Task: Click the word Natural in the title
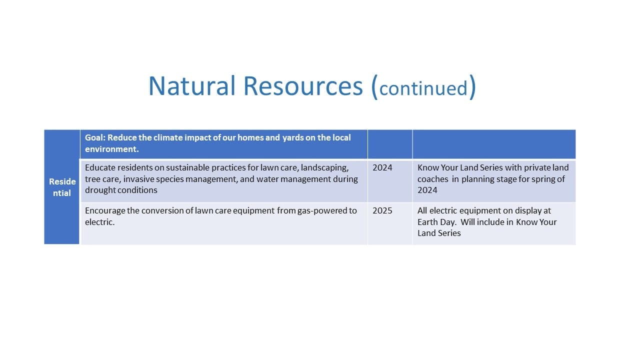[x=191, y=85]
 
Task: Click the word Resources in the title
[x=303, y=85]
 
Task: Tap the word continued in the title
[x=423, y=88]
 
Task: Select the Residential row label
[x=62, y=187]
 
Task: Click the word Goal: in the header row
[x=95, y=137]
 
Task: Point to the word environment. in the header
[x=111, y=149]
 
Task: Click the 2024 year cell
[x=382, y=167]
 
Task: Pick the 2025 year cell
[x=382, y=211]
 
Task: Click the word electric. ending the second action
[x=99, y=222]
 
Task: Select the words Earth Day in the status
[x=436, y=222]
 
